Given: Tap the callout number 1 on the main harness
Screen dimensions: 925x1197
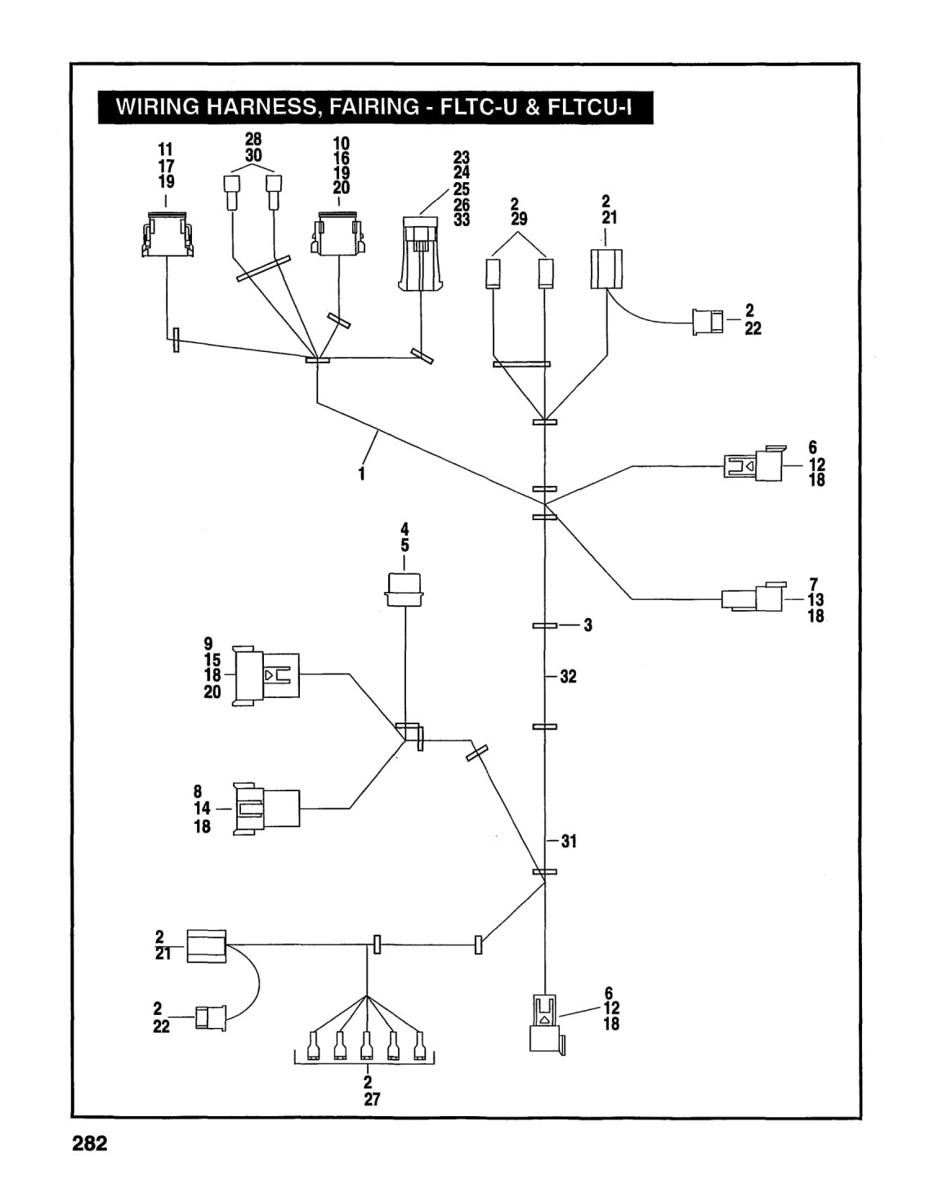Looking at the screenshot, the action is pyautogui.click(x=362, y=474).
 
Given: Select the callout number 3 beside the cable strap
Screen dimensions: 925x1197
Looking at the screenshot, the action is pyautogui.click(x=588, y=625).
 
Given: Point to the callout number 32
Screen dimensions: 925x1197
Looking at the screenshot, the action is pyautogui.click(x=569, y=676).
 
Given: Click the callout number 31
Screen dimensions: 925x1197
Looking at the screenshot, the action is pyautogui.click(x=569, y=841).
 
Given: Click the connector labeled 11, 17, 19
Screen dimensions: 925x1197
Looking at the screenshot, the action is pyautogui.click(x=167, y=234).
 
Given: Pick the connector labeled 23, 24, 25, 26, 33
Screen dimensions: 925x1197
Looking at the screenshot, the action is pyautogui.click(x=421, y=253).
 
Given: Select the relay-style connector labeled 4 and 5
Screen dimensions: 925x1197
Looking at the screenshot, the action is pyautogui.click(x=404, y=590).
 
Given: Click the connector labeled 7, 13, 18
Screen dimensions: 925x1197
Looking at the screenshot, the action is pyautogui.click(x=752, y=597).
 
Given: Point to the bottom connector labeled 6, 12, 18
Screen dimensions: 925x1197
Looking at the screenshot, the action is pyautogui.click(x=547, y=1025).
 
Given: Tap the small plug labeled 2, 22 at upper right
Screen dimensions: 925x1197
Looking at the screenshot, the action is pyautogui.click(x=708, y=322).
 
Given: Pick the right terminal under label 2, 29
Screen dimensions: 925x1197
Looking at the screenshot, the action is pyautogui.click(x=546, y=273).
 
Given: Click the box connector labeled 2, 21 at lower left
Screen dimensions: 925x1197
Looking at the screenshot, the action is pyautogui.click(x=207, y=946).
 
